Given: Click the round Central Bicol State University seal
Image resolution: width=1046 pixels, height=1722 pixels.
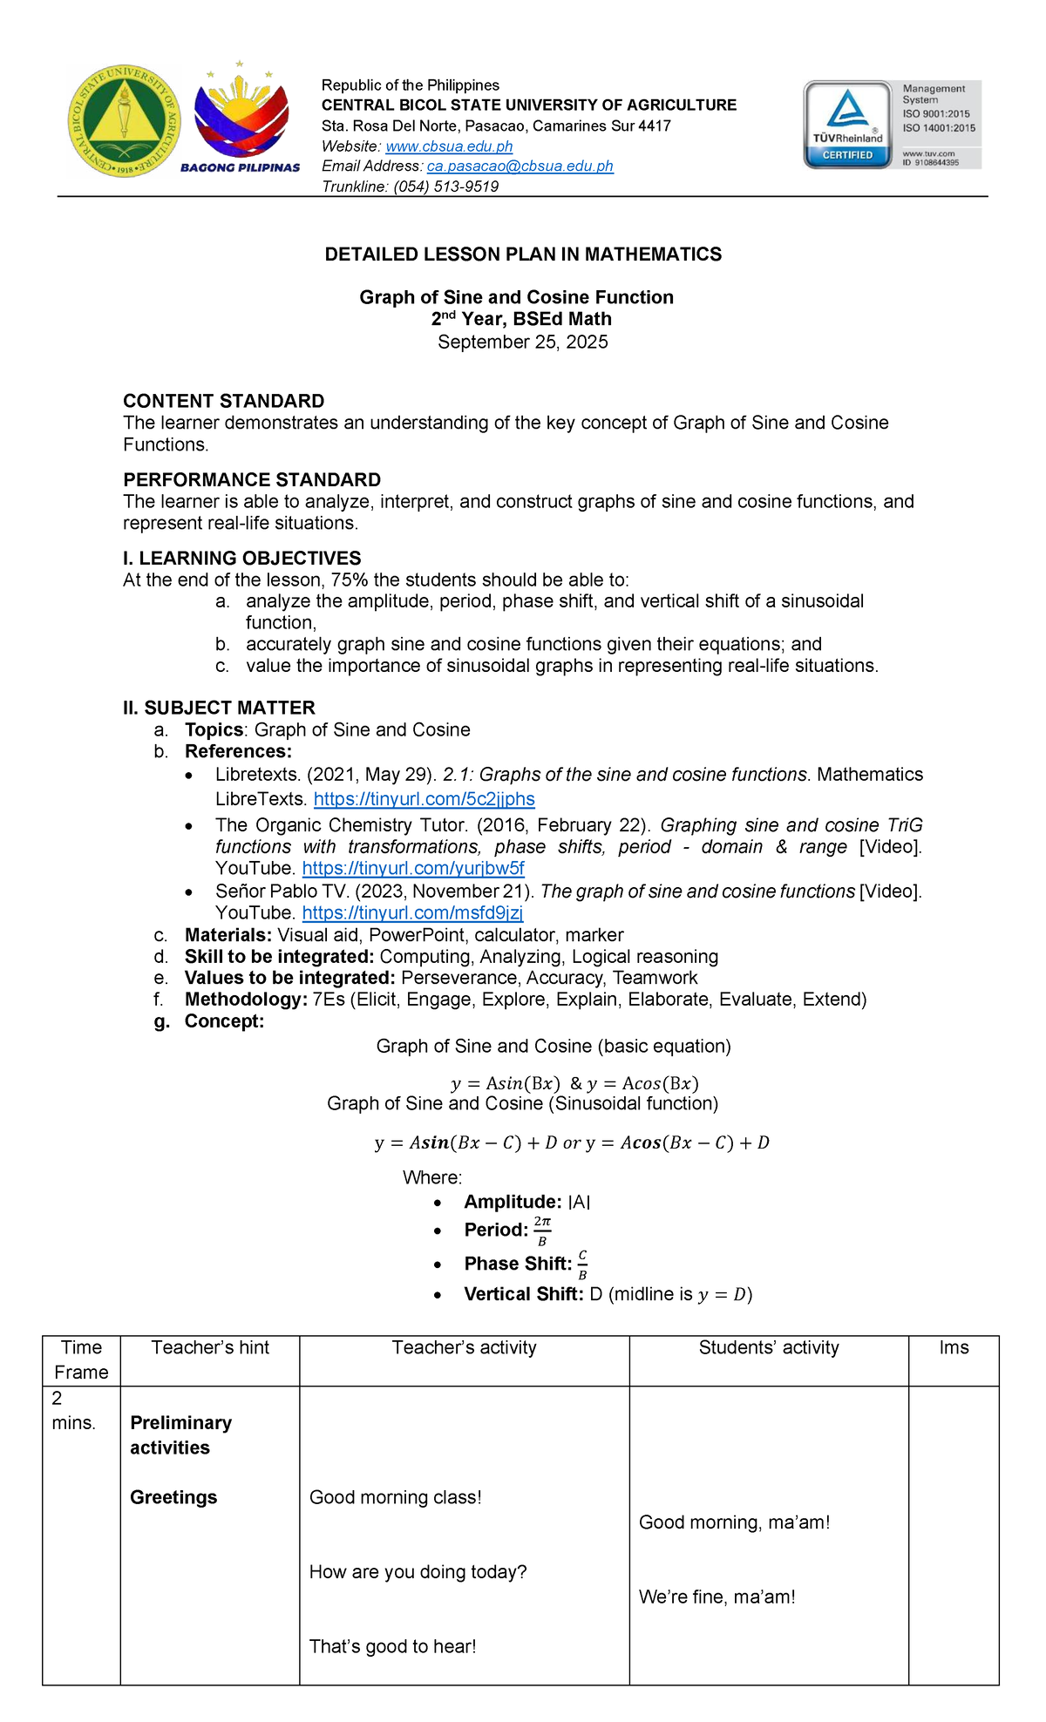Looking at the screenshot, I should pos(125,120).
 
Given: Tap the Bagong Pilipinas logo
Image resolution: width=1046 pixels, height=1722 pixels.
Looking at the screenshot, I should pos(241,119).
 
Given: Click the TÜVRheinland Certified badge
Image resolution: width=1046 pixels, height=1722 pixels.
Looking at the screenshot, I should pos(848,125).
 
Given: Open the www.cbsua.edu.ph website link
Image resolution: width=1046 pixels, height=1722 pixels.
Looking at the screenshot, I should pos(449,146).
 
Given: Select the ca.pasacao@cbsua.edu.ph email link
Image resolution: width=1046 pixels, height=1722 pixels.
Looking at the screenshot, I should pos(520,166).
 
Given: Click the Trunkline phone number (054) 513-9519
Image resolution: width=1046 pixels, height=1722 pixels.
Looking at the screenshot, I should pos(445,186).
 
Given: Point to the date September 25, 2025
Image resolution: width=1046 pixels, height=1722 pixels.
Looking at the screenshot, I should pos(523,342).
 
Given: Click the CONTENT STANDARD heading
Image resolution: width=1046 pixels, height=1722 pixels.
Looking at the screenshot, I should pos(223,401).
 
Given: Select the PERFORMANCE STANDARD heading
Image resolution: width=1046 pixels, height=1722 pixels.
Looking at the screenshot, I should pos(252,479).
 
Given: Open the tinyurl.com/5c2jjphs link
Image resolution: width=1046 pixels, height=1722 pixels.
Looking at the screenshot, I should pos(424,799).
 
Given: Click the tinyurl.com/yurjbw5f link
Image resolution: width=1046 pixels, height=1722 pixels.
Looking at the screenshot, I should pos(413,868).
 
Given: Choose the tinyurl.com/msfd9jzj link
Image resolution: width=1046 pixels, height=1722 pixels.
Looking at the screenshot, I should pos(412,912).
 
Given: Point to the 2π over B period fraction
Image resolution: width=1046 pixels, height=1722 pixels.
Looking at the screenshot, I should pos(542,1230).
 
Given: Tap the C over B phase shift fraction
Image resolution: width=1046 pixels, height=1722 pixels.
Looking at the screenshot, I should pos(582,1264).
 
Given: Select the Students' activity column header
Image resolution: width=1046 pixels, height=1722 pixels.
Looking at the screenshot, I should pos(769,1347).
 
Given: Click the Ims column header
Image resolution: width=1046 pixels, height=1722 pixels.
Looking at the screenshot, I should pos(954,1347).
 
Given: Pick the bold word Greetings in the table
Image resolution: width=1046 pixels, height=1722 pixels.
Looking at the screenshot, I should pos(173,1497).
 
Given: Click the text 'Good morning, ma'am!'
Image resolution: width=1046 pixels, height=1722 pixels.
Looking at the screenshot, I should pos(734,1522).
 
